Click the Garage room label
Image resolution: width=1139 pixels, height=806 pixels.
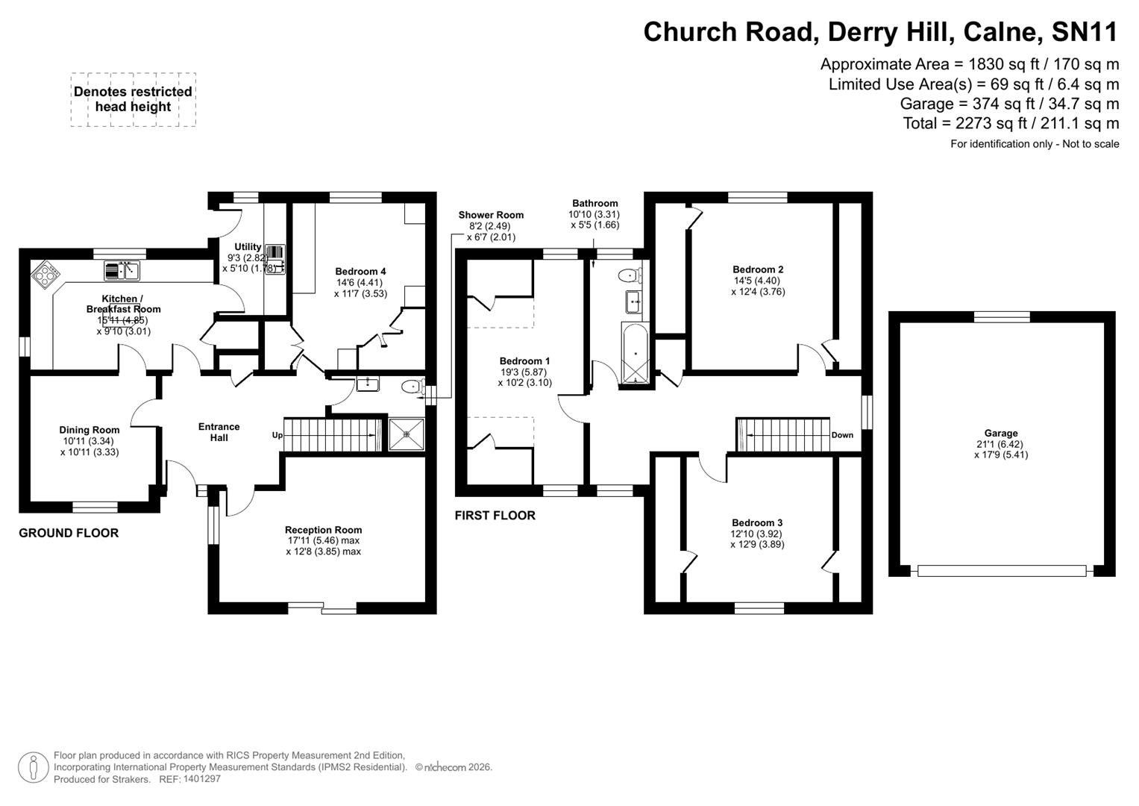[1000, 433]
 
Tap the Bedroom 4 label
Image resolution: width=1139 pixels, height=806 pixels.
[360, 272]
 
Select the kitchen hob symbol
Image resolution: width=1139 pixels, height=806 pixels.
[46, 274]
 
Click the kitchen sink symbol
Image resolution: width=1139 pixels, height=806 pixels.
[122, 270]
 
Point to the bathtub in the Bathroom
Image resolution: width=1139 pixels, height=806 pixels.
[635, 355]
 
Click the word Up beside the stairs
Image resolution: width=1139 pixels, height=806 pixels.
[277, 435]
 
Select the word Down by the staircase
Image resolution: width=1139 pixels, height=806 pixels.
[842, 435]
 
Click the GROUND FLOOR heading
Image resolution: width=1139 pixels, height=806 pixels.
[69, 533]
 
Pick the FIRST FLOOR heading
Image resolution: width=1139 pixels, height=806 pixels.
[495, 516]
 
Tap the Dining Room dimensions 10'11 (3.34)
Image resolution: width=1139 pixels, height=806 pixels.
[90, 441]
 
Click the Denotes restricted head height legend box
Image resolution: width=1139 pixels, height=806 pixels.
[134, 99]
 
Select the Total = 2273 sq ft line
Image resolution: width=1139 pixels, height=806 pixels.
[1011, 123]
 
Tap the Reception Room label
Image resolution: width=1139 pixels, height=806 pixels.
[323, 530]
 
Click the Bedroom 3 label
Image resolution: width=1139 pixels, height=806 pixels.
[757, 522]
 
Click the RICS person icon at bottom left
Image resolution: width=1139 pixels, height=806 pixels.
[33, 767]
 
